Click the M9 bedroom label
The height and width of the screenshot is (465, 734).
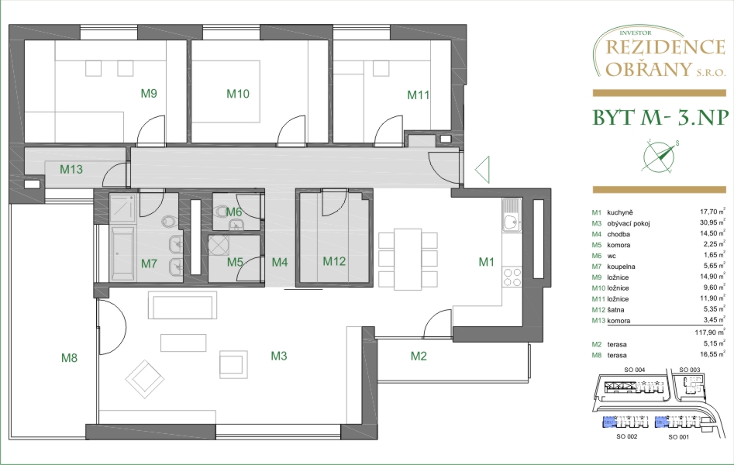pos(149,93)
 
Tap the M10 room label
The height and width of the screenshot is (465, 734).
pos(238,94)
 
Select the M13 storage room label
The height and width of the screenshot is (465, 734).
pos(71,169)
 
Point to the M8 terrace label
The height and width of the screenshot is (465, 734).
pos(69,358)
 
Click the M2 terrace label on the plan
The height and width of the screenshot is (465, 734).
pos(419,356)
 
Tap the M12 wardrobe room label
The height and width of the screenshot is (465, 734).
pos(334,261)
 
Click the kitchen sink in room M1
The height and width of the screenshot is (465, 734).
pos(512,215)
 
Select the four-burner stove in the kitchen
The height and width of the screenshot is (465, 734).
pos(512,277)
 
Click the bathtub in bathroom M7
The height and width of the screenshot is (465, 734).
pos(123,253)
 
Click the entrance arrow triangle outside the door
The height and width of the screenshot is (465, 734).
pos(482,169)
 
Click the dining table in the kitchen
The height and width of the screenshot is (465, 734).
pos(408,260)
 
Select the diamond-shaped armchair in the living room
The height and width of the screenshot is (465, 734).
pos(145,379)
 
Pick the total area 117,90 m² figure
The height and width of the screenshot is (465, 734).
pos(710,332)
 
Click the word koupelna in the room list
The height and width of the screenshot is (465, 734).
pos(621,267)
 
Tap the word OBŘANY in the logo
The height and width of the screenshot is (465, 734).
pos(648,69)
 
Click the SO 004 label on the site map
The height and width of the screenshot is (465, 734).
pos(634,370)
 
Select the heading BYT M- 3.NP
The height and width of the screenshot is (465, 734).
pos(660,118)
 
